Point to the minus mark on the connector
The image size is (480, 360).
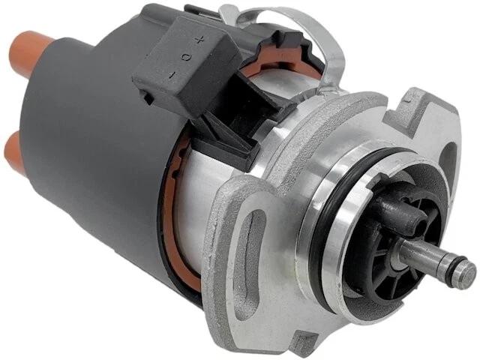pyautogui.click(x=171, y=74)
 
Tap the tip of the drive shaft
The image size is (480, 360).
pyautogui.click(x=464, y=271)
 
